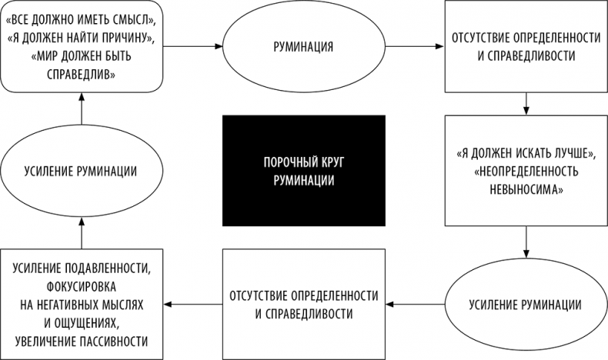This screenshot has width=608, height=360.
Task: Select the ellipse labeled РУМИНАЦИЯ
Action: (303, 47)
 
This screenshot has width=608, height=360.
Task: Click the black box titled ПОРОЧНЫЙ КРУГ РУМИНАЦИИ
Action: (303, 171)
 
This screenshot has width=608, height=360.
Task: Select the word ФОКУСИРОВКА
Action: (82, 285)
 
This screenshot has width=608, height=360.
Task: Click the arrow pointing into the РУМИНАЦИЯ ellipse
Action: (199, 47)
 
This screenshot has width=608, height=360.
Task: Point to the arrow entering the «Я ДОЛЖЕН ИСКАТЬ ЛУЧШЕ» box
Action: (526, 102)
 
